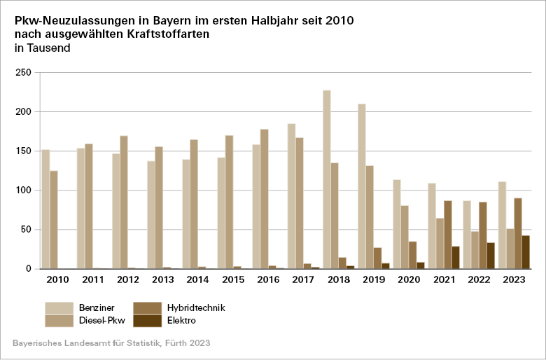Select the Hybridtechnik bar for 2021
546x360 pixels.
(x=448, y=235)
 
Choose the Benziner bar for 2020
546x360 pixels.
(x=397, y=224)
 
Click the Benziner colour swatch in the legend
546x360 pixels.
(x=59, y=307)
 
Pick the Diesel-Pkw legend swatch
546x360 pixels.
(x=59, y=320)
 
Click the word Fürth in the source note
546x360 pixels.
(x=176, y=344)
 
